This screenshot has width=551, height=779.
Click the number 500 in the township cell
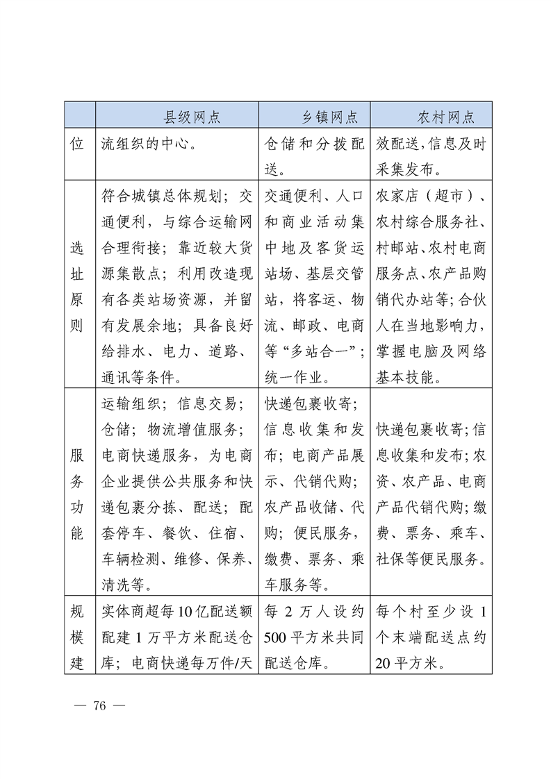[277, 638]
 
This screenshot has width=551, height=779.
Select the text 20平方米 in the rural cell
[409, 664]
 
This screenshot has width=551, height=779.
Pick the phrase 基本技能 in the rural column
[404, 377]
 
